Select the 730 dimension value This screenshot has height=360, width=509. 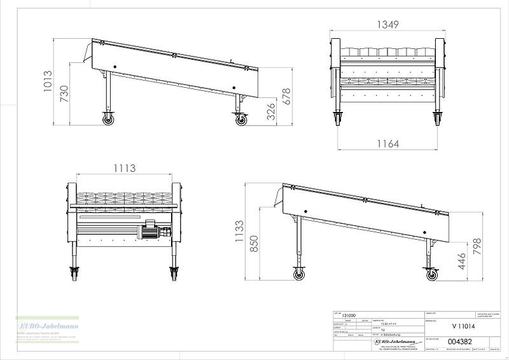[64, 93]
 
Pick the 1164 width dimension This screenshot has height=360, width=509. [387, 144]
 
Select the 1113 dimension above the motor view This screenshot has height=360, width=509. [125, 168]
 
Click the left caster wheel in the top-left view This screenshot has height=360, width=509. [107, 118]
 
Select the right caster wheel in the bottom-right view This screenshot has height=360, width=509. [432, 274]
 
